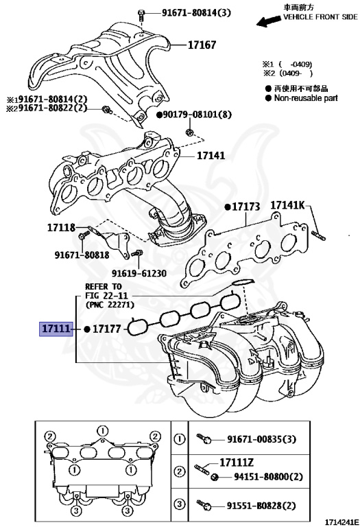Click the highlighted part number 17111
pyautogui.click(x=55, y=329)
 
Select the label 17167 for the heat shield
pyautogui.click(x=202, y=45)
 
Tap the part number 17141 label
pyautogui.click(x=211, y=156)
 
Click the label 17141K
pyautogui.click(x=290, y=205)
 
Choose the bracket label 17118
pyautogui.click(x=61, y=227)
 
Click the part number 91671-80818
pyautogui.click(x=82, y=254)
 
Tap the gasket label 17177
pyautogui.click(x=107, y=329)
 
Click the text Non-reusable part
pyautogui.click(x=307, y=98)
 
